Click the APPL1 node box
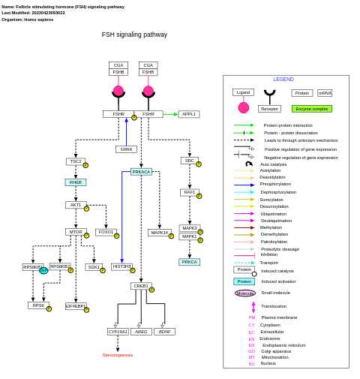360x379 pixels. (189, 114)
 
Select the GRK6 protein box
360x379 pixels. (126, 149)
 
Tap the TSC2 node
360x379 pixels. (76, 161)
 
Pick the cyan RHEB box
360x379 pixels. (76, 182)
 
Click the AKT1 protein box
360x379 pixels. (76, 205)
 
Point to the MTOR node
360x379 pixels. (76, 232)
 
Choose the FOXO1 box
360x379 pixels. (106, 232)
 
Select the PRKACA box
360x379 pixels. (141, 172)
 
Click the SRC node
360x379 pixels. (189, 161)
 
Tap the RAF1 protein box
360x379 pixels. (189, 192)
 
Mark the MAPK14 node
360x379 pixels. (159, 233)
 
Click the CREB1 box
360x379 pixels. (140, 286)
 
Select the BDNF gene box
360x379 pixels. (165, 331)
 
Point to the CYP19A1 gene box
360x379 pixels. (118, 331)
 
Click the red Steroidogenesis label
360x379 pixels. (118, 355)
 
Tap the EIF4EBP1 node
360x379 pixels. (75, 306)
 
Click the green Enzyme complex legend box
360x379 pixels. (312, 109)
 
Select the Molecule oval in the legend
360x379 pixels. (244, 293)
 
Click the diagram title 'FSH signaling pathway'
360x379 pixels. (134, 35)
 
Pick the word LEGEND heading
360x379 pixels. (283, 79)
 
